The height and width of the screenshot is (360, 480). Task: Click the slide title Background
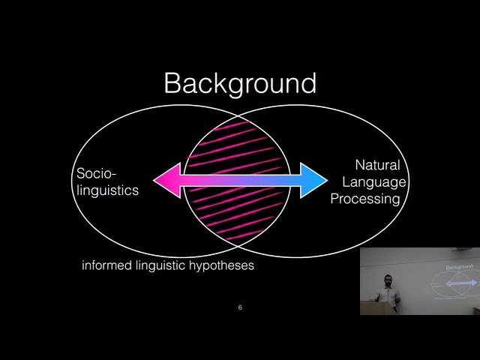[240, 83]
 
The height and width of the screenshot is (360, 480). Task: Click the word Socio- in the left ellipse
[96, 174]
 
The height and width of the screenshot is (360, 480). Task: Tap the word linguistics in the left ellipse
[107, 190]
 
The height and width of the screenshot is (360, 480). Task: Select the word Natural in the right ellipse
[377, 165]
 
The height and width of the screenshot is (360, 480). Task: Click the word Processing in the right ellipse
[366, 199]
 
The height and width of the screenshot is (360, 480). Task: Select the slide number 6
[240, 307]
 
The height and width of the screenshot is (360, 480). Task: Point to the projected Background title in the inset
[460, 267]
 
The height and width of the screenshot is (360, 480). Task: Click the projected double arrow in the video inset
[459, 284]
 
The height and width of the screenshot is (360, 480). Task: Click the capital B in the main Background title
[173, 83]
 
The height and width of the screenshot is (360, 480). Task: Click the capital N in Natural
[360, 165]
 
